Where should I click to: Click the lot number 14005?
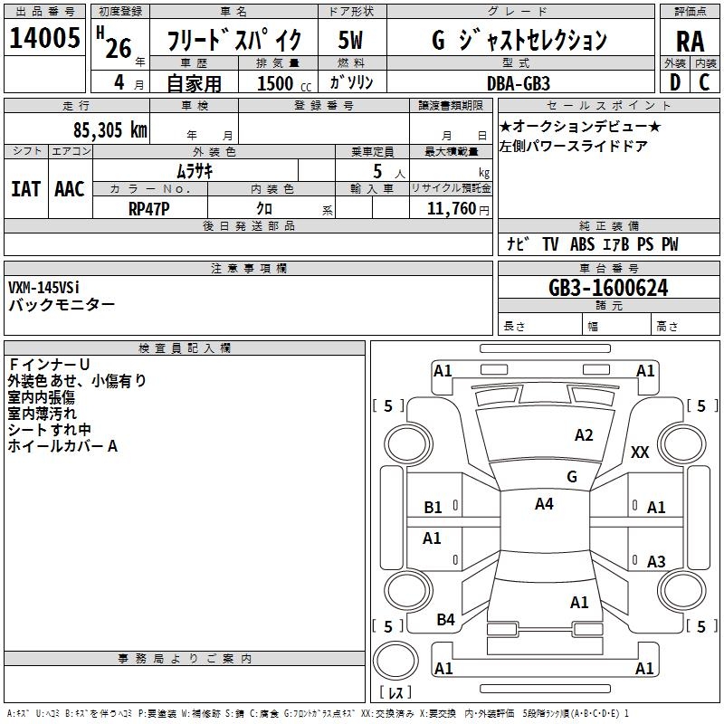(44, 38)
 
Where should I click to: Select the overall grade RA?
(690, 41)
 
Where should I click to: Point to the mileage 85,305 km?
(110, 129)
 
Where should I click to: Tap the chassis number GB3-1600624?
(608, 288)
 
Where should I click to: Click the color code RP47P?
(149, 207)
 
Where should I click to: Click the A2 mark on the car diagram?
(585, 435)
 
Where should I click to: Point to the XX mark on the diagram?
(640, 452)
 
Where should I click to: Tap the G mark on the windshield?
(572, 476)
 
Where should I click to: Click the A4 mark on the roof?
(544, 504)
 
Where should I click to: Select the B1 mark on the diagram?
(433, 508)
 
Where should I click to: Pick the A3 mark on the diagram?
(656, 562)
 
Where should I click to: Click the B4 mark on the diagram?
(445, 620)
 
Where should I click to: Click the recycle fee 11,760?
(450, 208)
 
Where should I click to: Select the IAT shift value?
(25, 189)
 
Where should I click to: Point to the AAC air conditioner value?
(69, 189)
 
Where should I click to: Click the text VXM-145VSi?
(44, 288)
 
